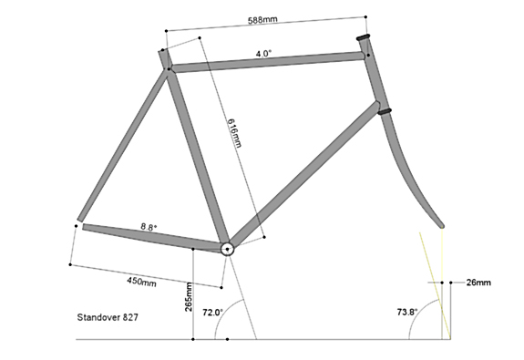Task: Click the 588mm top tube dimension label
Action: (x=262, y=20)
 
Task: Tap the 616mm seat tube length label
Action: (x=234, y=133)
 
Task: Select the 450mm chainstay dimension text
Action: (x=141, y=282)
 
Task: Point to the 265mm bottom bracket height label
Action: (x=189, y=297)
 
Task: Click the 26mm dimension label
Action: (x=478, y=283)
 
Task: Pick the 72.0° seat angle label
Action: (x=212, y=313)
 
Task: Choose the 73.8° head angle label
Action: (x=407, y=313)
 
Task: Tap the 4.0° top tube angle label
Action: (x=263, y=54)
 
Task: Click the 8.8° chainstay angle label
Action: (x=149, y=227)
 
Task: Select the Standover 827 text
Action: (x=108, y=317)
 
